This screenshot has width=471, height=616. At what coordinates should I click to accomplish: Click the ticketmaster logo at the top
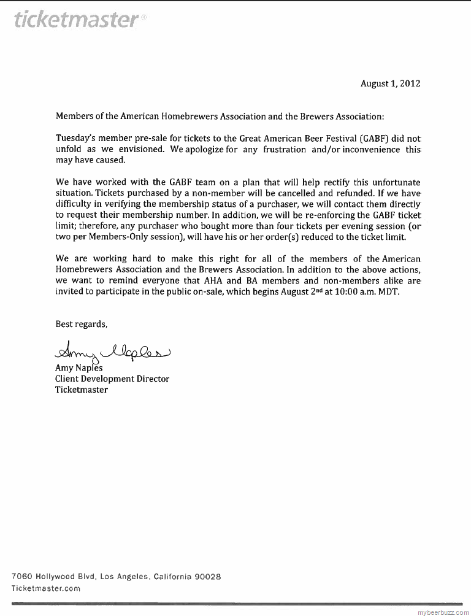coord(75,20)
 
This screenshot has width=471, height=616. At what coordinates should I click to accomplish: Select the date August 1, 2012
coord(390,83)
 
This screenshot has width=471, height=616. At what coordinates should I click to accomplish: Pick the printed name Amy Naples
coord(79,368)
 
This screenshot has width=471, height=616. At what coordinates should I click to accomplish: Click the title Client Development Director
coord(112,379)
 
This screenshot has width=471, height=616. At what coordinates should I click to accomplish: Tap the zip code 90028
coord(207,577)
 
